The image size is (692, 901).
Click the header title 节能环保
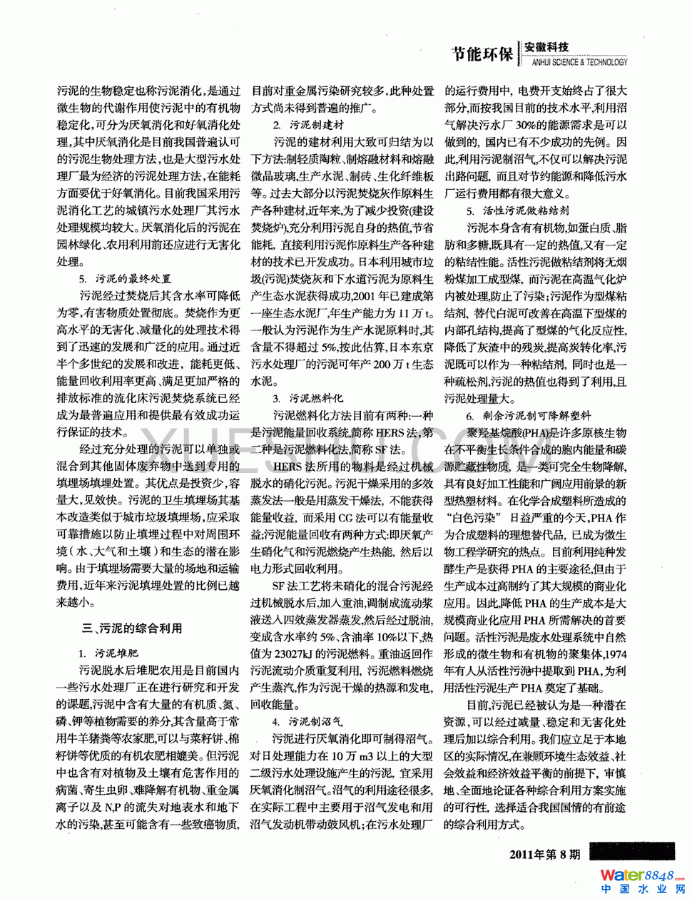482,54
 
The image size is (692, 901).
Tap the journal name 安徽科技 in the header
547,47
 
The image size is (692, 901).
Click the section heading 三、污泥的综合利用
133,628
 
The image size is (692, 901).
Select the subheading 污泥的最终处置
126,279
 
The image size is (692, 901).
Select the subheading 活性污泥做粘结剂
518,211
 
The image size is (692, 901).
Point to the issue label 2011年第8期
545,854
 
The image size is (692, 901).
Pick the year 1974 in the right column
611,653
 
